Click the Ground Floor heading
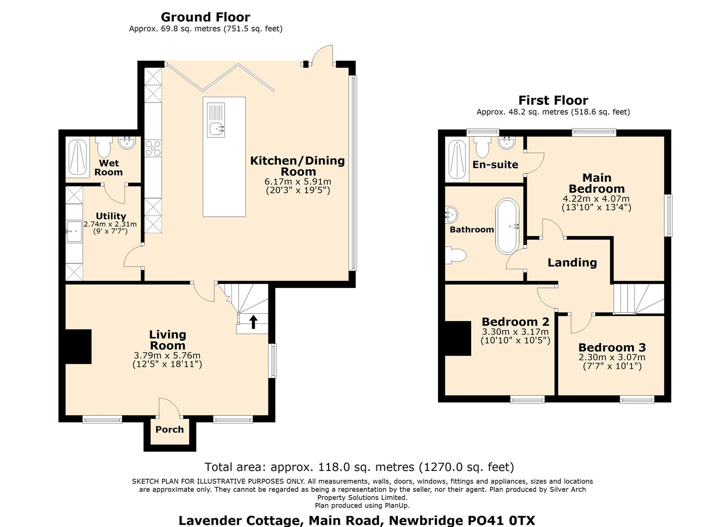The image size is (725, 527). tap(205, 17)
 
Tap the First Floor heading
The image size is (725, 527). tap(553, 101)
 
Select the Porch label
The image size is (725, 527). tap(169, 429)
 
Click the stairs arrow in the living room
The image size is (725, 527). tap(253, 322)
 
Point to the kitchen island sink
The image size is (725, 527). tap(216, 120)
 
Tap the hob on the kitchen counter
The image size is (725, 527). tap(153, 148)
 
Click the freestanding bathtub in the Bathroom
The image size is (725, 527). tap(508, 226)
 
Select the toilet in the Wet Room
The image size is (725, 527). tap(104, 146)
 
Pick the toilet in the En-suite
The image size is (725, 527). tap(482, 146)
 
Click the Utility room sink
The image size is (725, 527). tap(74, 231)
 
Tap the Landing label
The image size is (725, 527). tap(572, 263)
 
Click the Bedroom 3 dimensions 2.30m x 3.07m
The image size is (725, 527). tap(612, 357)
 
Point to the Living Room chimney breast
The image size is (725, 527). tap(78, 346)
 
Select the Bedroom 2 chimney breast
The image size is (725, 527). tap(458, 338)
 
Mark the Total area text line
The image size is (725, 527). tap(359, 467)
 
